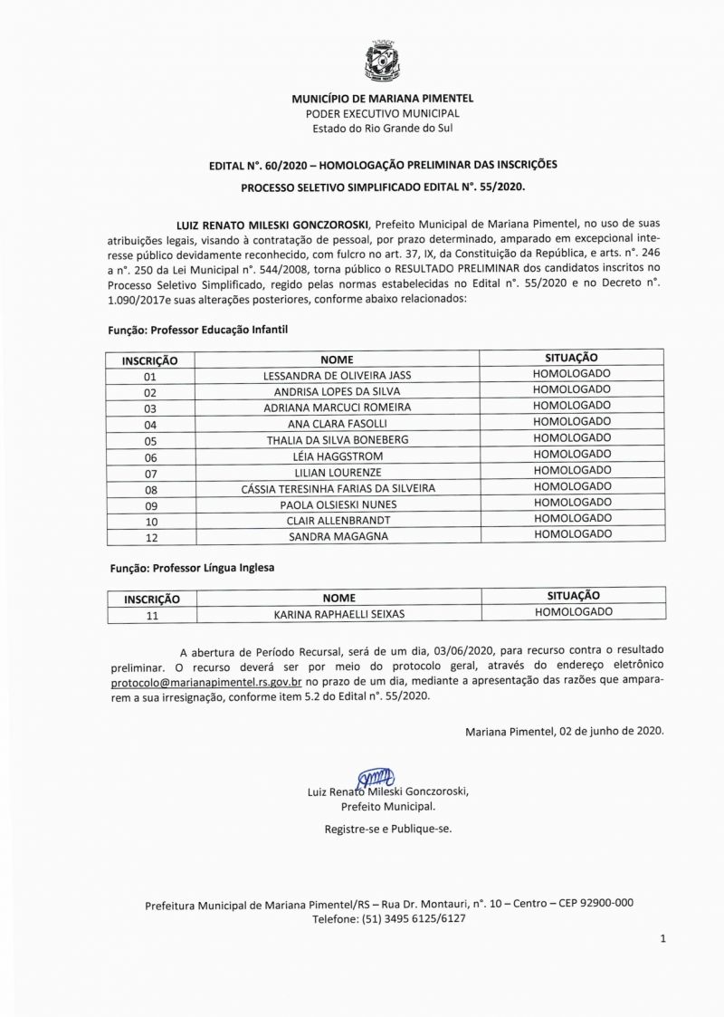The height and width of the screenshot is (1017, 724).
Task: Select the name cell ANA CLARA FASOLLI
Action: [337, 424]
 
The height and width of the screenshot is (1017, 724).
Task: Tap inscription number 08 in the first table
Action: [150, 489]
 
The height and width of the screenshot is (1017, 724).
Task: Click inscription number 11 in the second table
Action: [152, 615]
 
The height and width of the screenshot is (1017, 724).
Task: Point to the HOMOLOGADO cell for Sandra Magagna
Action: [572, 535]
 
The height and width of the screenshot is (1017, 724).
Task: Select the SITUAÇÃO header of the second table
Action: [573, 597]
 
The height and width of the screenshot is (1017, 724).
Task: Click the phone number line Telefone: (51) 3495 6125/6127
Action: [389, 917]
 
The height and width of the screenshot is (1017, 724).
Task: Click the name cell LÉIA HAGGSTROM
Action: [337, 456]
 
